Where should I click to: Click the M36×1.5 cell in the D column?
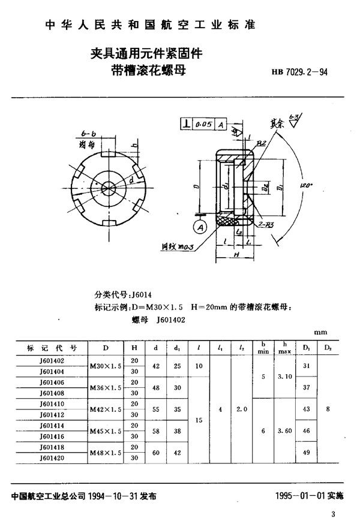(x=106, y=388)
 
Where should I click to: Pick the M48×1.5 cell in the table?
(x=106, y=452)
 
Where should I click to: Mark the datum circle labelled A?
(x=200, y=227)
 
